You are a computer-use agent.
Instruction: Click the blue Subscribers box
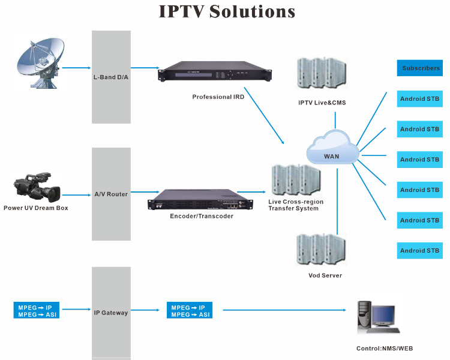point(420,68)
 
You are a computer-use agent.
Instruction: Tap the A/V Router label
point(111,194)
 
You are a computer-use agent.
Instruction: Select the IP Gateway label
point(111,313)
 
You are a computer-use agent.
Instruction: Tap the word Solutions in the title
point(252,12)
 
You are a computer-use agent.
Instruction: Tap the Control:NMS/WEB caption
point(384,348)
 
